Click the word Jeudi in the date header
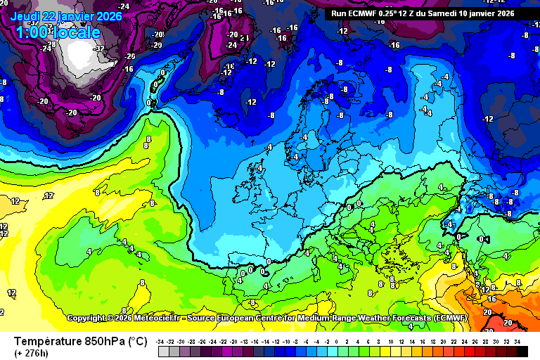[27, 16]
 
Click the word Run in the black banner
[340, 13]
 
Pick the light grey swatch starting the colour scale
[162, 351]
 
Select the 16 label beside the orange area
[491, 299]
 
